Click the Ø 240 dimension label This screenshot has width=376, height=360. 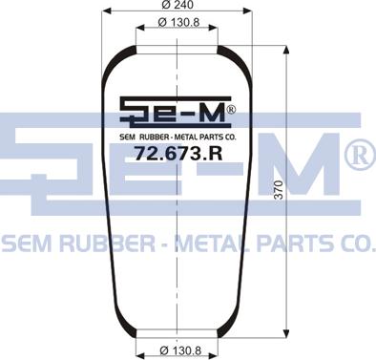(178, 5)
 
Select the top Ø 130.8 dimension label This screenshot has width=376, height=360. (178, 23)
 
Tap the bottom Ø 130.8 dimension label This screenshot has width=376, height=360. (180, 350)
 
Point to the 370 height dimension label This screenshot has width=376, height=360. (279, 190)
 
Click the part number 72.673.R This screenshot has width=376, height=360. (178, 154)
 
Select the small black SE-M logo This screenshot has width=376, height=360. (176, 110)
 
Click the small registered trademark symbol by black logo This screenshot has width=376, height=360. (231, 110)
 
